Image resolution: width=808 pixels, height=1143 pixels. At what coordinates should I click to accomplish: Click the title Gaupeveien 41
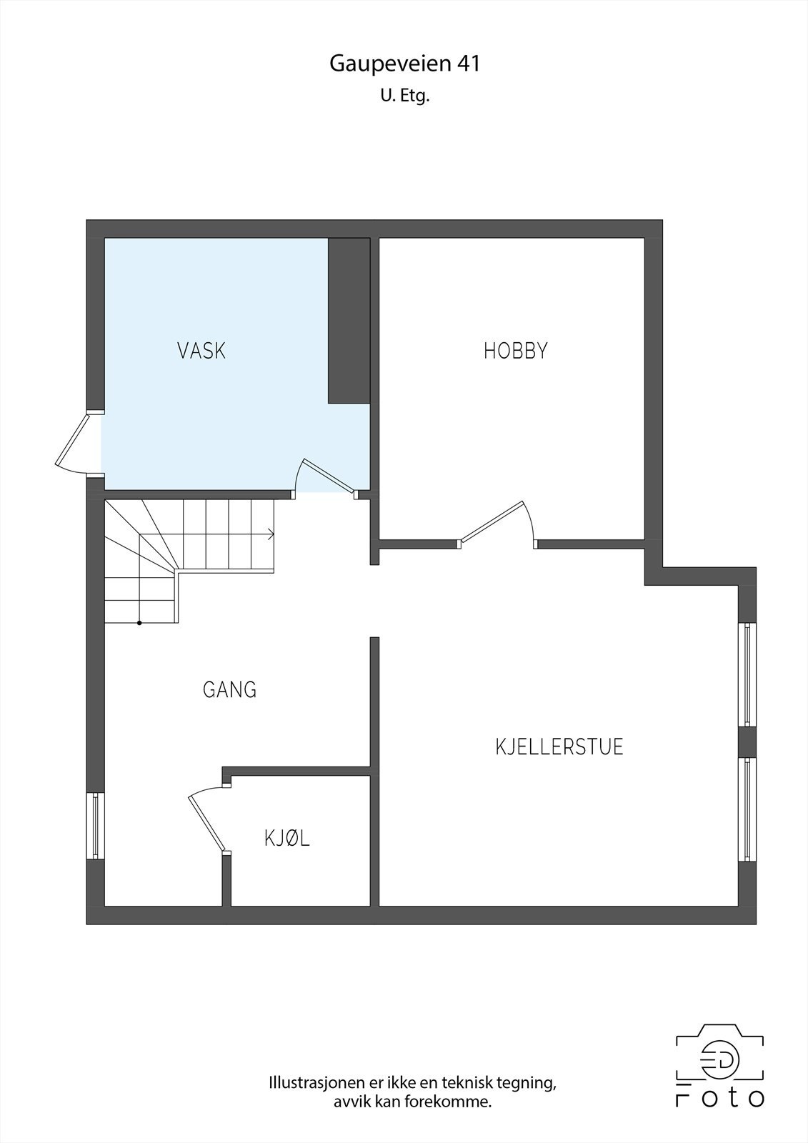404,64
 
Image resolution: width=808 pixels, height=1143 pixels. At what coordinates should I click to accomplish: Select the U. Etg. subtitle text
404,96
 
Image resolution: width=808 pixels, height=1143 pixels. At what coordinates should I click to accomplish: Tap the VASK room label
201,351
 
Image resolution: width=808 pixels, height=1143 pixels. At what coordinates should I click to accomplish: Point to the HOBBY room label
515,351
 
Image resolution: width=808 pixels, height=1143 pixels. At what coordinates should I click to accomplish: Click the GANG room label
229,690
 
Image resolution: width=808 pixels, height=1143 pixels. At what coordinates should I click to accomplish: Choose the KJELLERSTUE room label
559,747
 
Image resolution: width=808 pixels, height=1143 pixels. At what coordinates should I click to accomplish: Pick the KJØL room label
287,838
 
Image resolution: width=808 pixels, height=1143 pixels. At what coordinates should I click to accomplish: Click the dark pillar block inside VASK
349,321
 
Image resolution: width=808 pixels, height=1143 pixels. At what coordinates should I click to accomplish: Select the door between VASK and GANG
326,476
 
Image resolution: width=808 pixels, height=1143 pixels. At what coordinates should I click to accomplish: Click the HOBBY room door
495,523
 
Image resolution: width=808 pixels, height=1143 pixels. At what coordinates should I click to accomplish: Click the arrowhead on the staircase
271,533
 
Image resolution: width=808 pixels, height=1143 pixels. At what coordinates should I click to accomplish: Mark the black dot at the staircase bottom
139,623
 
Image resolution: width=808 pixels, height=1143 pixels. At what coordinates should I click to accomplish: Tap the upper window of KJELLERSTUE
747,674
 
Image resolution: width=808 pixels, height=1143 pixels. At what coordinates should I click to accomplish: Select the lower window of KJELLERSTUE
747,809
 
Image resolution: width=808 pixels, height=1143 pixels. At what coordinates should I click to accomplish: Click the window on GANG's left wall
95,826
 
